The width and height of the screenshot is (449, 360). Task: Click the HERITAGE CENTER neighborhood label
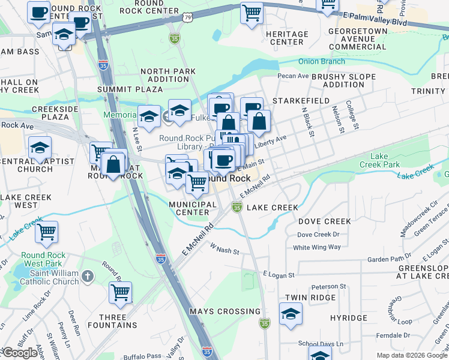tap(287, 37)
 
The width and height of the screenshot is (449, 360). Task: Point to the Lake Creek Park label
tap(379, 160)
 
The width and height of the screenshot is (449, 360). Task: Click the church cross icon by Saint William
tap(88, 276)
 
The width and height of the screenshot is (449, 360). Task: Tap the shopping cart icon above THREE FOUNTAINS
tap(121, 293)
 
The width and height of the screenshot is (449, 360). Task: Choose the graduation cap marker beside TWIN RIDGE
tap(291, 314)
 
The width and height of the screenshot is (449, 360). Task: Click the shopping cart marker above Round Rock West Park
tap(47, 232)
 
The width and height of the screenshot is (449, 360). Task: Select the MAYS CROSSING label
tap(225, 311)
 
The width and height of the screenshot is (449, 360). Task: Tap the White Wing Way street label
tap(317, 247)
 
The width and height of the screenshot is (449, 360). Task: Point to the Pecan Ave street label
tap(293, 76)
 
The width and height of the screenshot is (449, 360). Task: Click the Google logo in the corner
tap(19, 353)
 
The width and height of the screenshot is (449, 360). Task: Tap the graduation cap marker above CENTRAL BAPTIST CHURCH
tap(40, 148)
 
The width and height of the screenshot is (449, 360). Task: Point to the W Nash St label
tap(224, 251)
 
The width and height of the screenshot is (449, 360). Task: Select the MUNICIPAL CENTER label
tap(193, 208)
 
